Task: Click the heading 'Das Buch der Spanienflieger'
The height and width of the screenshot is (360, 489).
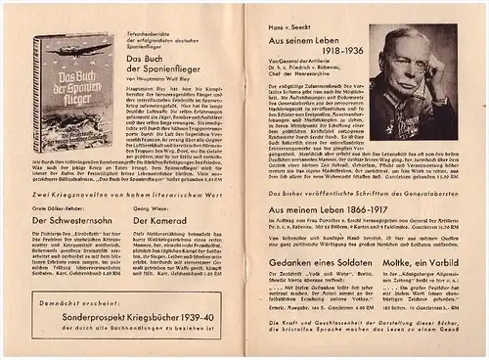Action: [x=171, y=64]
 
